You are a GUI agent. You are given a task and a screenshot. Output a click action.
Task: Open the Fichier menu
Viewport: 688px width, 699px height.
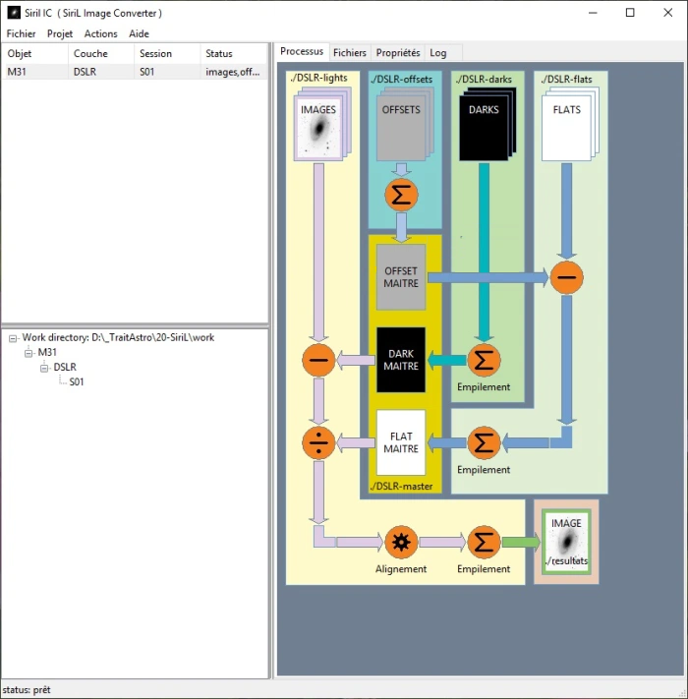coord(21,33)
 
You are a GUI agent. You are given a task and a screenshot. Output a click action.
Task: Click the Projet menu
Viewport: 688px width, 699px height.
coord(60,33)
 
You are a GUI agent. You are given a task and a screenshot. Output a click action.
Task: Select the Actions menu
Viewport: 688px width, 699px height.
coord(100,33)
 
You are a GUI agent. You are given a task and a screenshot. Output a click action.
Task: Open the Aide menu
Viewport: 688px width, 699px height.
coord(139,33)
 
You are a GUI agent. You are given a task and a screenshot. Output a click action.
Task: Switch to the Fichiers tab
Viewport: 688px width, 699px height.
coord(349,53)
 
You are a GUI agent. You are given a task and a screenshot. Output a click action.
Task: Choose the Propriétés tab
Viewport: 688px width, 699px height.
coord(398,53)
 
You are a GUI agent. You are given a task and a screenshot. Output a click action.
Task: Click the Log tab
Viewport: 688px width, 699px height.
coord(437,53)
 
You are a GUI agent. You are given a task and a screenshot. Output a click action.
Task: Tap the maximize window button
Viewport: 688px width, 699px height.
coord(630,13)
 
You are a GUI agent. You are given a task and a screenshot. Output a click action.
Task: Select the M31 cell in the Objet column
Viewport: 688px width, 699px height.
coord(18,72)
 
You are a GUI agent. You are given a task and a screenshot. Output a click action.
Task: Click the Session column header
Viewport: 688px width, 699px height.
coord(155,53)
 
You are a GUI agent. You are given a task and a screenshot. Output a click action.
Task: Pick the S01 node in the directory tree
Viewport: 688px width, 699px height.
coord(77,382)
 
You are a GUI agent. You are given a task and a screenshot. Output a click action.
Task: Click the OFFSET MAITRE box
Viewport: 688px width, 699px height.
coord(401,277)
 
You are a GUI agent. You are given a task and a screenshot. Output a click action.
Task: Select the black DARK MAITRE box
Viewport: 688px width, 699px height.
coord(401,360)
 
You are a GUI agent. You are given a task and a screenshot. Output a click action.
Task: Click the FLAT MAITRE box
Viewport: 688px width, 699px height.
coord(401,442)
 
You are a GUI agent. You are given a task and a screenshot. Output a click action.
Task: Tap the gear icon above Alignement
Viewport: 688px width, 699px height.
coord(401,542)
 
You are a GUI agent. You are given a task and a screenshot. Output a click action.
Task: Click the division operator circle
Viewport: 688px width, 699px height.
coord(318,443)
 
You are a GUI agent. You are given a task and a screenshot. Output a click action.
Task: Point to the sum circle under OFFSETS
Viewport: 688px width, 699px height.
coord(401,195)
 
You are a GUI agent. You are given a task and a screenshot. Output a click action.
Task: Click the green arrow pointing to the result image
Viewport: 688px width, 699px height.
coord(521,542)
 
